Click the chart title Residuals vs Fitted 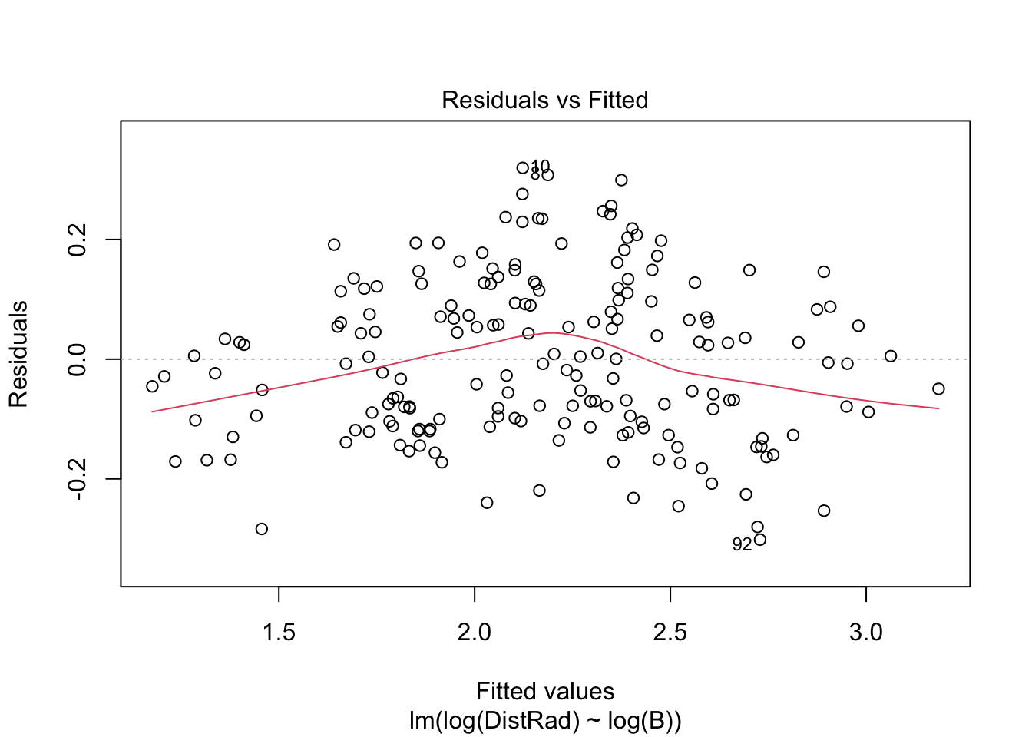coord(544,100)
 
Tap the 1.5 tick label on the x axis coord(278,633)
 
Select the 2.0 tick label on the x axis coord(474,633)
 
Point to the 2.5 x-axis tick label coord(670,633)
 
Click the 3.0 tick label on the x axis coord(865,633)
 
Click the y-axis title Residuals coord(18,354)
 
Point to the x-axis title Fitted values coord(544,691)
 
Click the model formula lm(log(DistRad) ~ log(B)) coord(544,721)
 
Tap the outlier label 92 coord(742,544)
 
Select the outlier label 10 coord(541,166)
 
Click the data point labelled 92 coord(760,540)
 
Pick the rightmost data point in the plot coord(938,388)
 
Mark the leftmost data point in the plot coord(152,386)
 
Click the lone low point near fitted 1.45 coord(262,529)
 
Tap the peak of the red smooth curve coord(551,332)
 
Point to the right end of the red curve coord(938,408)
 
